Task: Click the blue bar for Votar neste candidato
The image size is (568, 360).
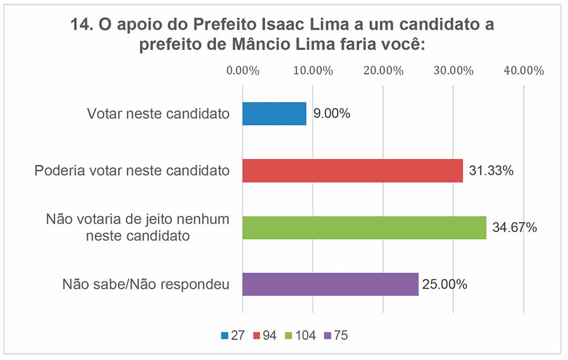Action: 274,114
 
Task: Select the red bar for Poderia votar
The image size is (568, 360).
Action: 352,171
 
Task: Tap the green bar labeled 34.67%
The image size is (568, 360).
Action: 364,228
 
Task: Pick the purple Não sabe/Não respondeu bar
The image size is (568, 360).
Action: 330,284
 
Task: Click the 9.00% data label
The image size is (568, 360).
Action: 331,114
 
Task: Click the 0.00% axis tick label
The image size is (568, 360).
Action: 242,71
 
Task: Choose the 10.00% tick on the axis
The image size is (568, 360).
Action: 312,71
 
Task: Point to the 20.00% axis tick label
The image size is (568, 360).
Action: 383,71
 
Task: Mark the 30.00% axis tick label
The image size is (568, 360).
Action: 453,71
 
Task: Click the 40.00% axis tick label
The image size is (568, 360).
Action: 523,71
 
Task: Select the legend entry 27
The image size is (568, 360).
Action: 233,335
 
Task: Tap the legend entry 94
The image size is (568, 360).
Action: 265,335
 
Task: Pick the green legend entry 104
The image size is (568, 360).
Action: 300,335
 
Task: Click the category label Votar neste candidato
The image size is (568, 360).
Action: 158,114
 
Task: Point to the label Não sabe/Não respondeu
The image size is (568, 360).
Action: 146,284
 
